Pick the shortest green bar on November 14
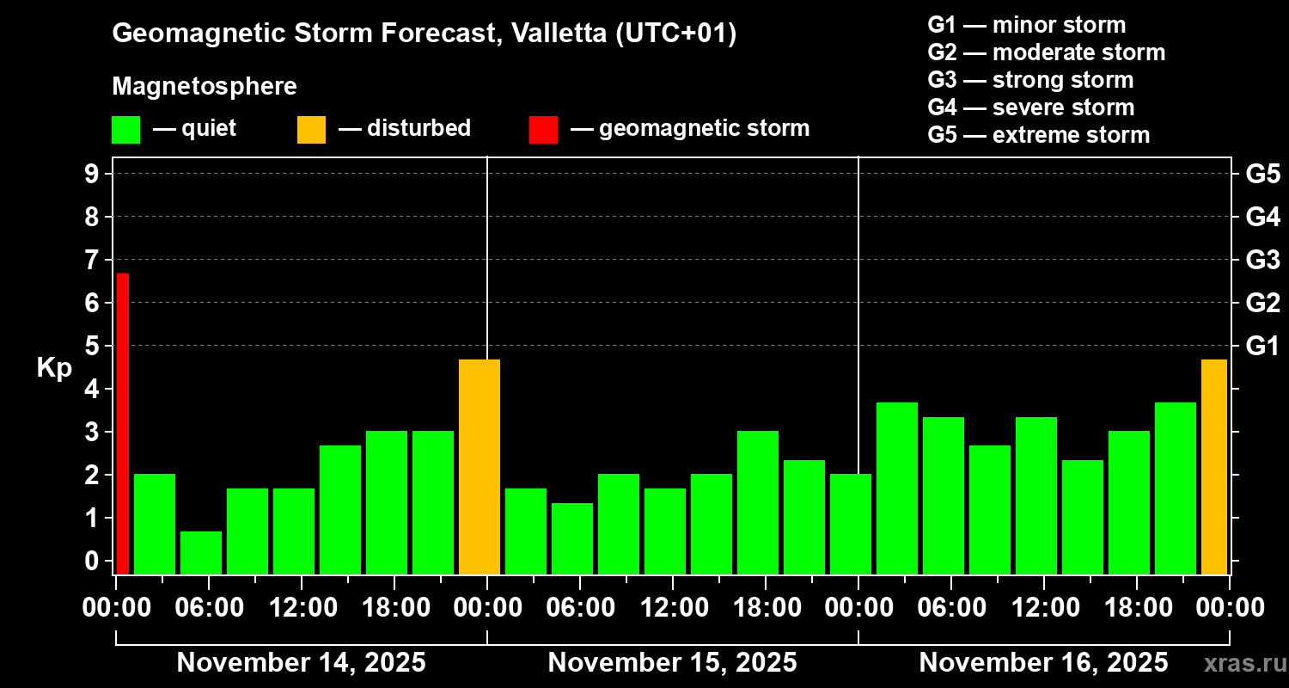(201, 552)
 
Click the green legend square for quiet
(125, 129)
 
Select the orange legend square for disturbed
(311, 129)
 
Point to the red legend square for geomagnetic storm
(543, 129)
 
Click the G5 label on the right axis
(1262, 174)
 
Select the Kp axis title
(54, 367)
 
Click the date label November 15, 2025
(672, 663)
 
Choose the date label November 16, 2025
(1043, 663)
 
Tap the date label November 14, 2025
(301, 663)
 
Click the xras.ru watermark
(1240, 663)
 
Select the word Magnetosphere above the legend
(205, 87)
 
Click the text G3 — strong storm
(1030, 80)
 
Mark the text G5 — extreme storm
(1038, 135)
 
